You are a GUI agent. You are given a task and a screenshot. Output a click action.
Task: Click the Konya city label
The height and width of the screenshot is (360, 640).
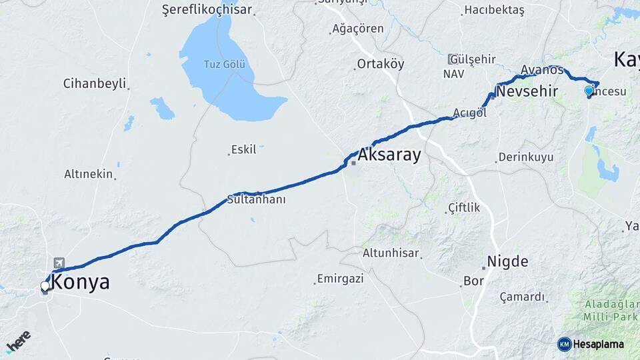(x=80, y=283)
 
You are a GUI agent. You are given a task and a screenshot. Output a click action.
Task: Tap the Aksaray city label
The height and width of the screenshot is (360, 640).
(x=389, y=155)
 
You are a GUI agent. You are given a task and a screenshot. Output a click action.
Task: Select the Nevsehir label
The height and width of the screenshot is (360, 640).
(x=527, y=91)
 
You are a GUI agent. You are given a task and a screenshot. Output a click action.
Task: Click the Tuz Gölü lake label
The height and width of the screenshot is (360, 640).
(x=224, y=65)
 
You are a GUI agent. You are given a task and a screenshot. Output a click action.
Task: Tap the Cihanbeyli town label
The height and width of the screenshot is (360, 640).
(x=94, y=83)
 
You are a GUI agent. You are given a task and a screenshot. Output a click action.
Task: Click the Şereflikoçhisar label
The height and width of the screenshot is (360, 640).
(x=207, y=10)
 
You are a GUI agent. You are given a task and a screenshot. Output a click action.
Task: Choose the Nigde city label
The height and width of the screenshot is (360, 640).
(x=507, y=261)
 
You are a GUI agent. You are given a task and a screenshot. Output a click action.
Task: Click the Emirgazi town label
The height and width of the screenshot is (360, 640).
(x=340, y=279)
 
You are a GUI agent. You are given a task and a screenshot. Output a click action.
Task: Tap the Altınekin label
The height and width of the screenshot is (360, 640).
(x=89, y=174)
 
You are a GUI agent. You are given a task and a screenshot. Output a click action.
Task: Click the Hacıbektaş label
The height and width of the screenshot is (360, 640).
(x=494, y=10)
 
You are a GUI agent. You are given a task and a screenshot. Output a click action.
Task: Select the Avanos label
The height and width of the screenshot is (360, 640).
(x=542, y=69)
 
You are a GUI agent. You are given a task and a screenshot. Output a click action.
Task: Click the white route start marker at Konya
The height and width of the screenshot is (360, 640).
(x=45, y=286)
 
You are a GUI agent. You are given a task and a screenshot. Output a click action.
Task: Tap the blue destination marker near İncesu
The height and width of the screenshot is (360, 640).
(x=589, y=91)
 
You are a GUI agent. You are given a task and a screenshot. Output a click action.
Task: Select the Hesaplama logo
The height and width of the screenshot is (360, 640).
(x=591, y=344)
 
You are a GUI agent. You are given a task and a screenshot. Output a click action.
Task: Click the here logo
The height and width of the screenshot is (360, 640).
(x=18, y=341)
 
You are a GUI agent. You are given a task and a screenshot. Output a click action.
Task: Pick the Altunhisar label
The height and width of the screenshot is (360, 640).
(x=391, y=253)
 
